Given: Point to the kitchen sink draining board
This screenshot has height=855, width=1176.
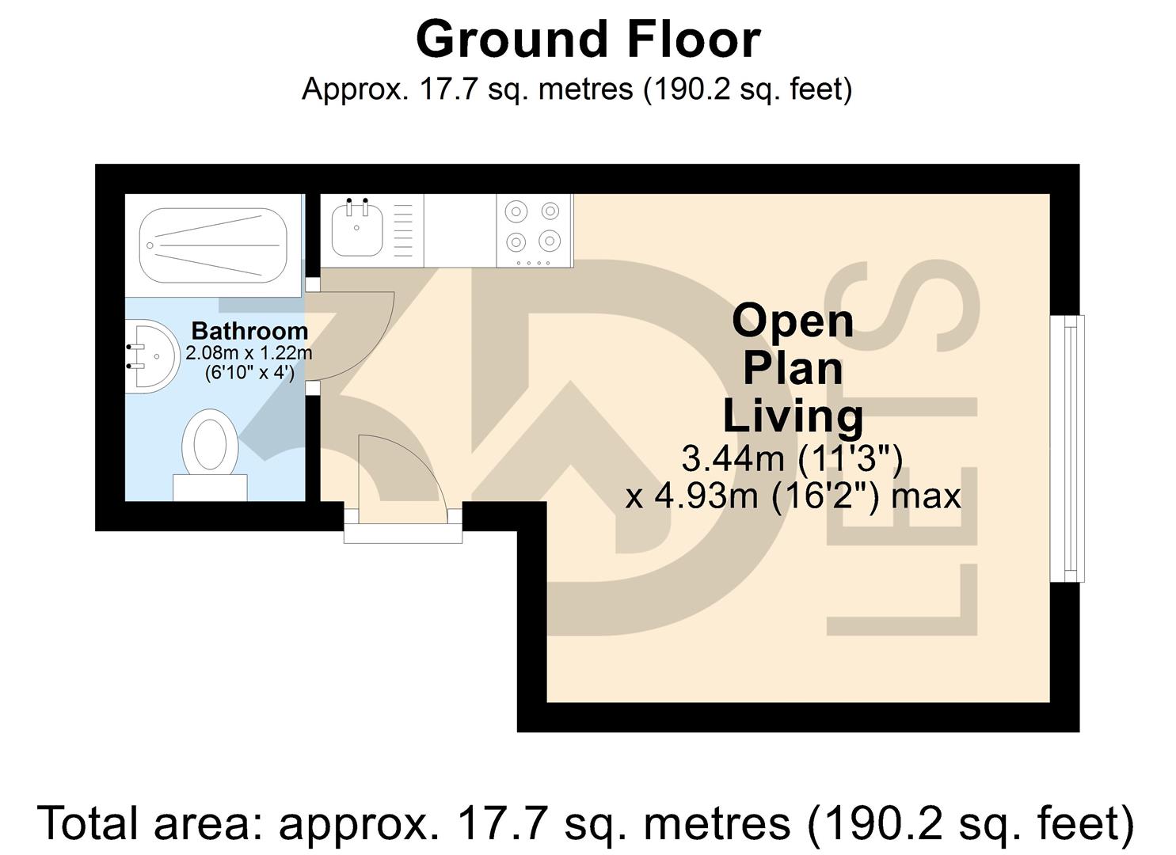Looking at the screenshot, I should tap(403, 230).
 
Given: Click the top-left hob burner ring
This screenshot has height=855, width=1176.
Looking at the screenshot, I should tap(516, 211).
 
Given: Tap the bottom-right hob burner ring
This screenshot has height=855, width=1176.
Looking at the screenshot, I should tap(550, 239).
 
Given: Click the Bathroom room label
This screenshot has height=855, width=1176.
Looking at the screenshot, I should tap(249, 331).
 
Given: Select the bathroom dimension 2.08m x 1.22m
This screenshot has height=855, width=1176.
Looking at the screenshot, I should tap(249, 353).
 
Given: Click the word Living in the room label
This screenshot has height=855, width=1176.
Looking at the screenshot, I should tap(793, 416).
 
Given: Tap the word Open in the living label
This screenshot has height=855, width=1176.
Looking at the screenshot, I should tap(793, 321).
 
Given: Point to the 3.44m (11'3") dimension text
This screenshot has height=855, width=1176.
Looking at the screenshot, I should tap(792, 458).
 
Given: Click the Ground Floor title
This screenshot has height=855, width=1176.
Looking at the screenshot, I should tap(588, 40).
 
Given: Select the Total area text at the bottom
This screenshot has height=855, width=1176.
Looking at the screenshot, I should tap(586, 823).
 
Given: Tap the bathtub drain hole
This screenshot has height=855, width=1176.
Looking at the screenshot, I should tap(150, 245).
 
